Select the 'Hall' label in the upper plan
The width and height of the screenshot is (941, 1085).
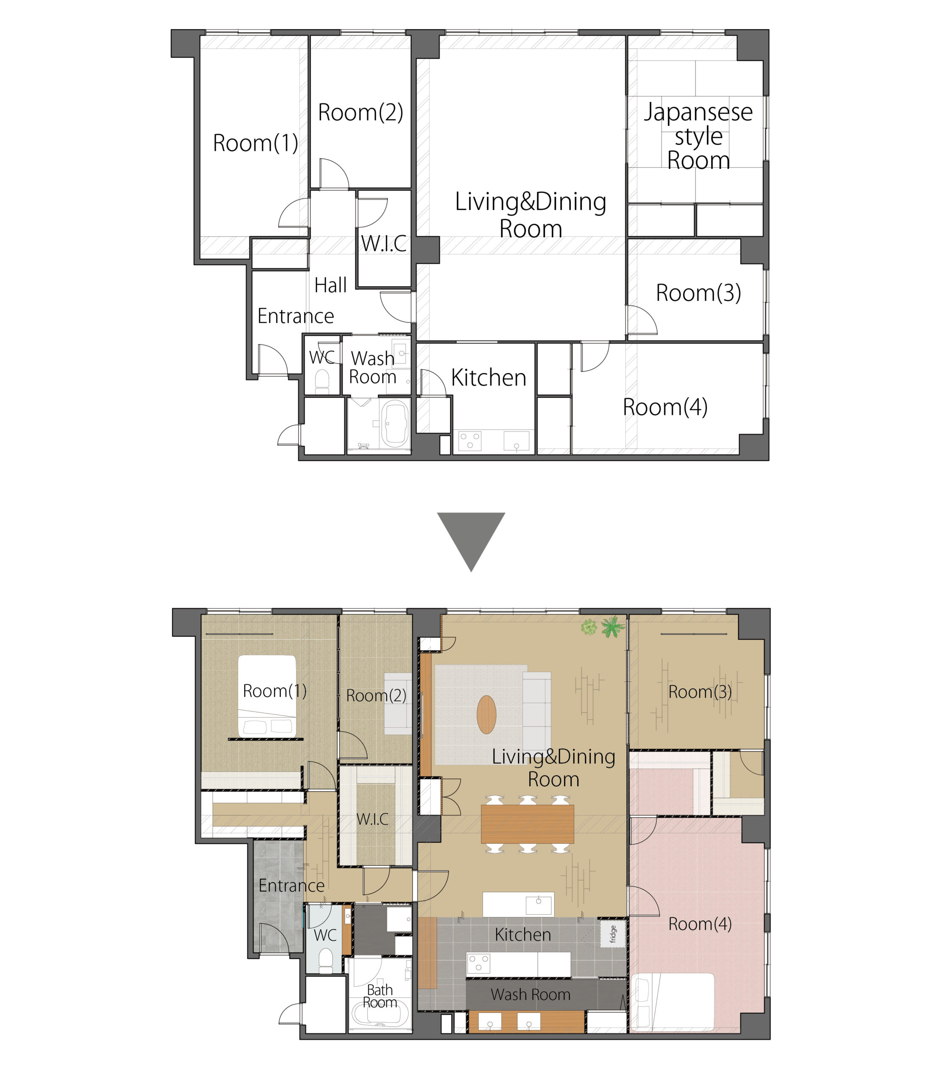pyautogui.click(x=330, y=285)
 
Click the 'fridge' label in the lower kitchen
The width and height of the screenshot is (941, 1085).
pyautogui.click(x=613, y=933)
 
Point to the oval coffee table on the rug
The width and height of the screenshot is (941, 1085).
pyautogui.click(x=486, y=715)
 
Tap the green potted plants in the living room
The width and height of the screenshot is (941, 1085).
pyautogui.click(x=603, y=627)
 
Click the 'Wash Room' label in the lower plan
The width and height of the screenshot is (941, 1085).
pyautogui.click(x=531, y=994)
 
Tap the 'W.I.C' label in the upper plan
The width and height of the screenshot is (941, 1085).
pyautogui.click(x=384, y=244)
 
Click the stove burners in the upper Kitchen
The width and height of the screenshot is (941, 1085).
pyautogui.click(x=470, y=440)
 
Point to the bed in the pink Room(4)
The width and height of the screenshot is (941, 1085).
pyautogui.click(x=672, y=1001)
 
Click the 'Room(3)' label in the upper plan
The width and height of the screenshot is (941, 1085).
pyautogui.click(x=698, y=293)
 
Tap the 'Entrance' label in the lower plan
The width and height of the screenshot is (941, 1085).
pyautogui.click(x=291, y=885)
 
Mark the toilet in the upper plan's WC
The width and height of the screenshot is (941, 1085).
pyautogui.click(x=322, y=381)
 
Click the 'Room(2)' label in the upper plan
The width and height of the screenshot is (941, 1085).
pyautogui.click(x=361, y=112)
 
